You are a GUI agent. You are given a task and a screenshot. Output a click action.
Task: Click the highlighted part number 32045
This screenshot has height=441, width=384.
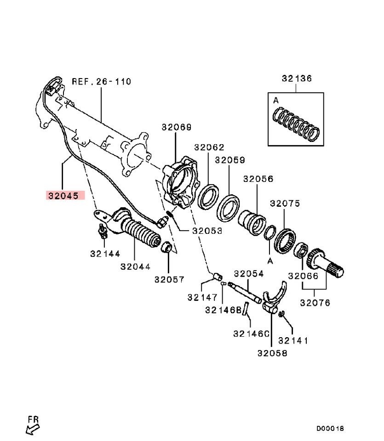[65, 195]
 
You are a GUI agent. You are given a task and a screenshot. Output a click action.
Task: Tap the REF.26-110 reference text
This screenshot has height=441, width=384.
[101, 82]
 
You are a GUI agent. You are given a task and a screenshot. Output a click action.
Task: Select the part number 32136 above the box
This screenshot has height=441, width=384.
[297, 79]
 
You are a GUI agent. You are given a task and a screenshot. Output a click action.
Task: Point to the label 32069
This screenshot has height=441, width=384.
[176, 127]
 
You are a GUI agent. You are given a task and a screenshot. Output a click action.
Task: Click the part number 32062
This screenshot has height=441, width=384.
[209, 147]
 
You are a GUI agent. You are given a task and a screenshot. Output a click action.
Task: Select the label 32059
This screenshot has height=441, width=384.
[229, 160]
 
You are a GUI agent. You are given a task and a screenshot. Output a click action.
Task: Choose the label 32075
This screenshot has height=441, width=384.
[285, 203]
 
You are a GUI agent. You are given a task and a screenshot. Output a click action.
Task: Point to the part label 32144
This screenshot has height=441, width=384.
[105, 253]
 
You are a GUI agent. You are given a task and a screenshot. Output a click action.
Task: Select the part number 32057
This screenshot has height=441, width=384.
[169, 279]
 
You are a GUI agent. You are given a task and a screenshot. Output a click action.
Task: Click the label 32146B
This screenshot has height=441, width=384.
[223, 310]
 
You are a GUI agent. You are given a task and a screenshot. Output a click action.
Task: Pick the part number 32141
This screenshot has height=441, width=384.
[293, 340]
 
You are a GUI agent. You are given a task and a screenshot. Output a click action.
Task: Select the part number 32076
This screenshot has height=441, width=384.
[315, 303]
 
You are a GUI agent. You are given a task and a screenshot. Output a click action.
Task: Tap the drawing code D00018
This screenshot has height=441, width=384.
[330, 429]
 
